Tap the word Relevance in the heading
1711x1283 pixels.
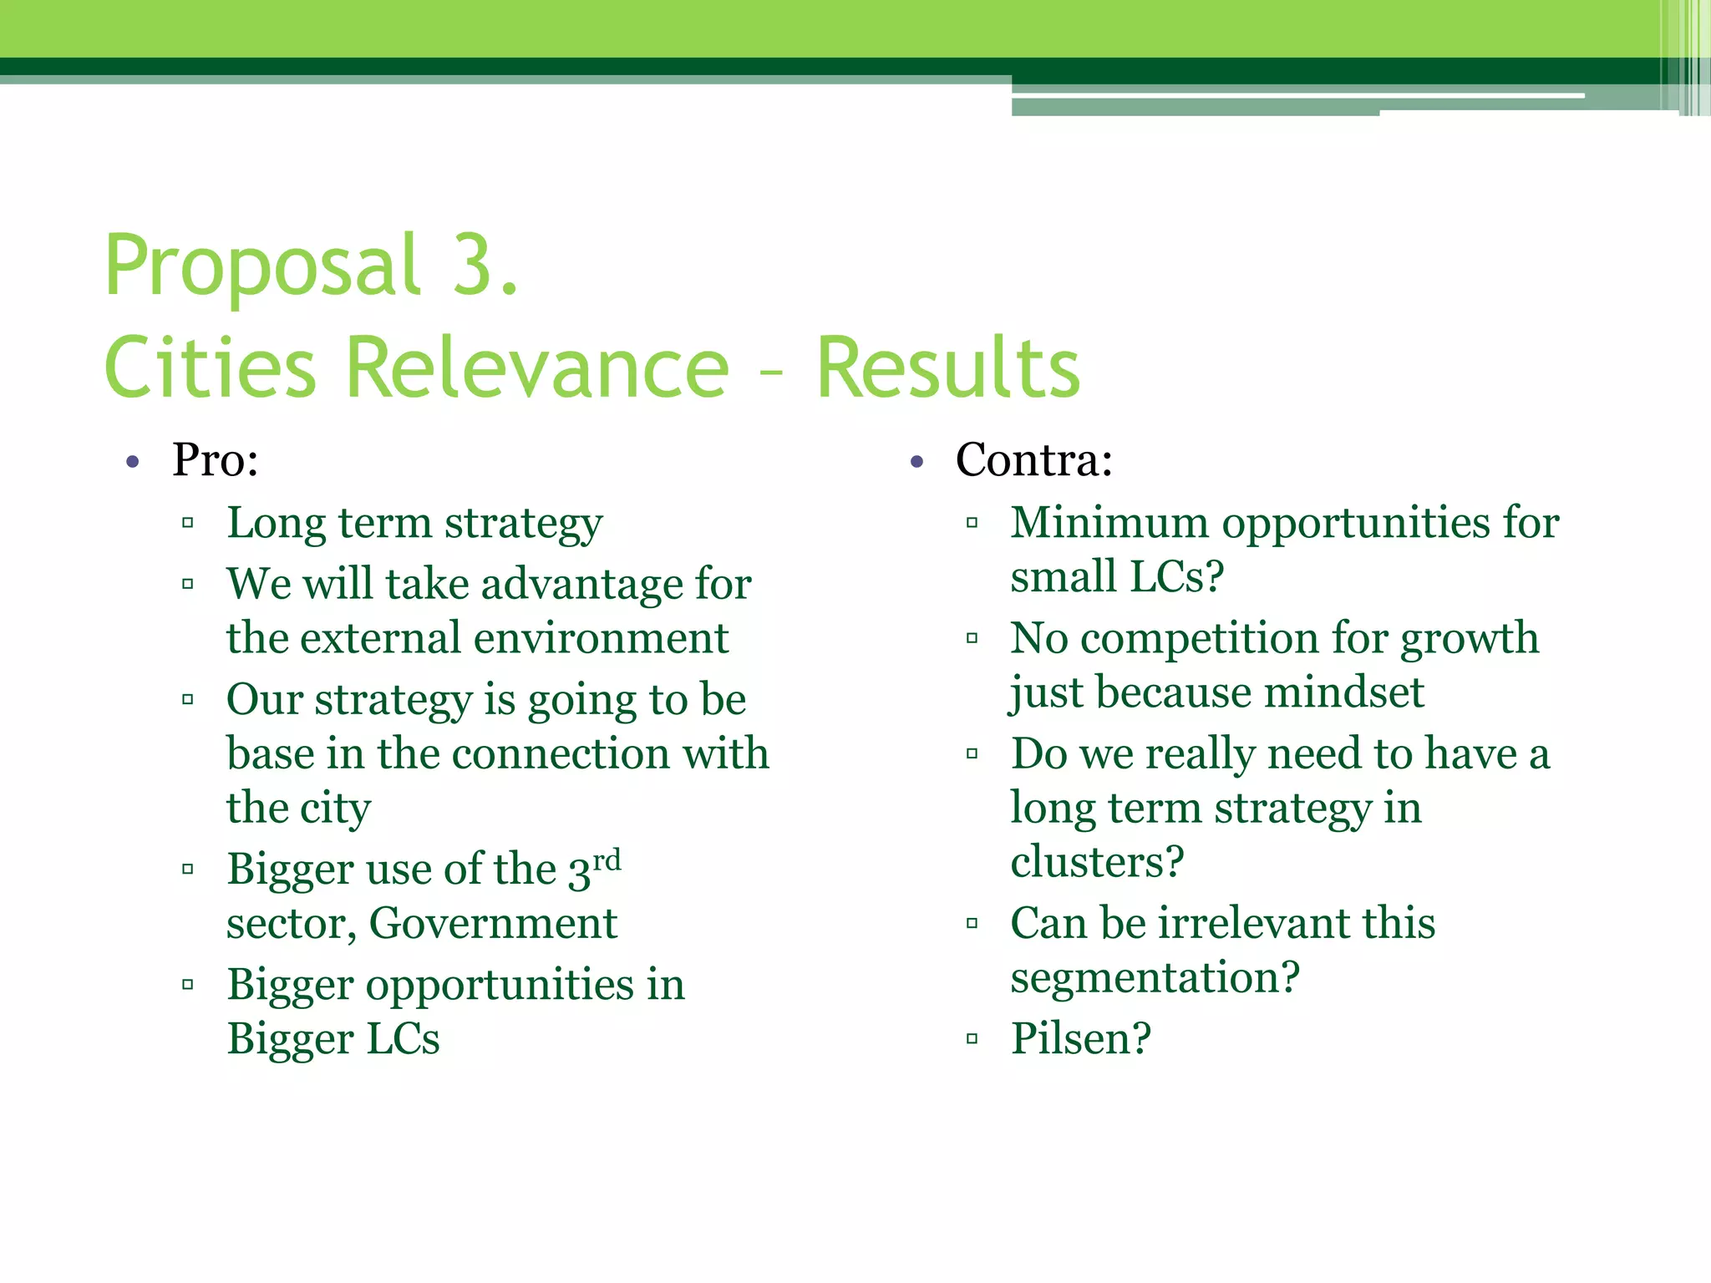point(537,368)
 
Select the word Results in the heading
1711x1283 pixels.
point(948,368)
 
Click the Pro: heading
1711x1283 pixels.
point(216,459)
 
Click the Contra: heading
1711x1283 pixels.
point(1034,459)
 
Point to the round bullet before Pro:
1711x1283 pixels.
point(132,462)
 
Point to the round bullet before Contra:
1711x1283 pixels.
point(917,462)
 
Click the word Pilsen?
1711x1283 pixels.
point(1081,1039)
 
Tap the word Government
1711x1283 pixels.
point(493,924)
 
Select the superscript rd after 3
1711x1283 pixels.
point(607,859)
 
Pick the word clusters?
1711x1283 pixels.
point(1097,862)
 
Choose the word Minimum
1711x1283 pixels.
point(1109,523)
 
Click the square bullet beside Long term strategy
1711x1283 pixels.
point(188,524)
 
